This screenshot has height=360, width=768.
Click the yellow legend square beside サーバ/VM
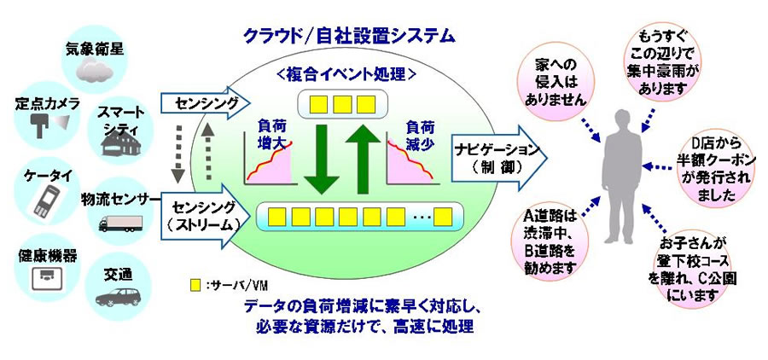(x=197, y=283)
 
